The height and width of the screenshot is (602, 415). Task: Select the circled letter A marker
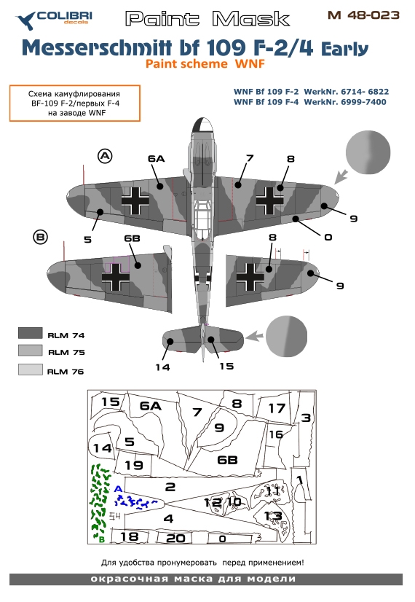click(106, 155)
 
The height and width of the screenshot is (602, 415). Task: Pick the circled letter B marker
click(41, 236)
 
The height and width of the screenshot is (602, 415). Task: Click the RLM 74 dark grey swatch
click(31, 335)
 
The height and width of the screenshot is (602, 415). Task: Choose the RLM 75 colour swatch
click(31, 351)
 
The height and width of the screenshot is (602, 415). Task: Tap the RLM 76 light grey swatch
click(31, 370)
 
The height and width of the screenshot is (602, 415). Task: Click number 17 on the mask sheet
click(276, 408)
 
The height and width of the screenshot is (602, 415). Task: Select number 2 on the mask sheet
click(170, 486)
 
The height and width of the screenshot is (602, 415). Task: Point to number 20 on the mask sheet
click(175, 538)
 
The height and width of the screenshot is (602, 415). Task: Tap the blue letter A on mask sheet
click(118, 488)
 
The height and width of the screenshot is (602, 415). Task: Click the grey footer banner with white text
click(207, 579)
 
